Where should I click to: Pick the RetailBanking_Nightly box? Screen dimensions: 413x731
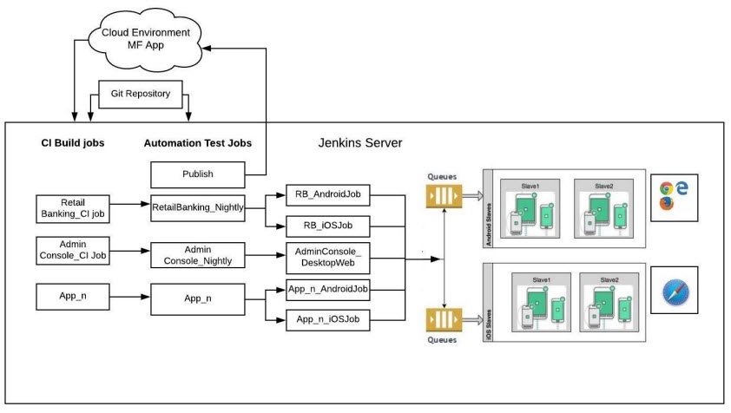click(198, 208)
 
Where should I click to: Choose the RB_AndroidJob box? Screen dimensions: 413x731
click(329, 197)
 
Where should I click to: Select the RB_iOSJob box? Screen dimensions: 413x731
click(329, 227)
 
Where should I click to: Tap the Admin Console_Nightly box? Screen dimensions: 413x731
click(198, 255)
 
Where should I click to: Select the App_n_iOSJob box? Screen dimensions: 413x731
click(329, 320)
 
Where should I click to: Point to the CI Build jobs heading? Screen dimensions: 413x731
click(73, 142)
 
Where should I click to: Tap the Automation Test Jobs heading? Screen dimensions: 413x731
click(198, 142)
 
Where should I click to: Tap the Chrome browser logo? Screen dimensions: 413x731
click(667, 187)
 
